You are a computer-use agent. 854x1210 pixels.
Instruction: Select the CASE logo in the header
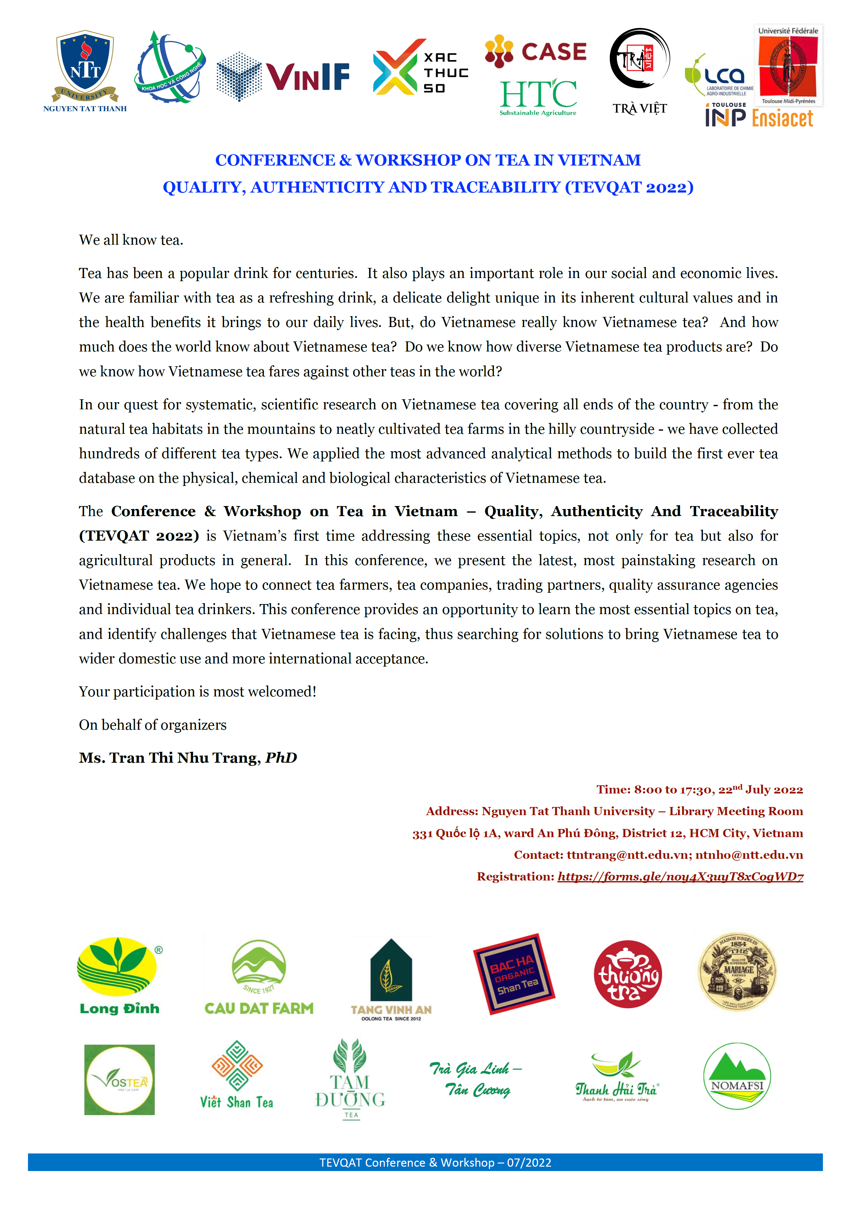tap(536, 52)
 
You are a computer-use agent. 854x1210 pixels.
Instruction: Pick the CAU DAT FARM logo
tap(259, 978)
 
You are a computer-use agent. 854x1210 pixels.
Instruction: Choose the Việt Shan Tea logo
tap(237, 1075)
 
